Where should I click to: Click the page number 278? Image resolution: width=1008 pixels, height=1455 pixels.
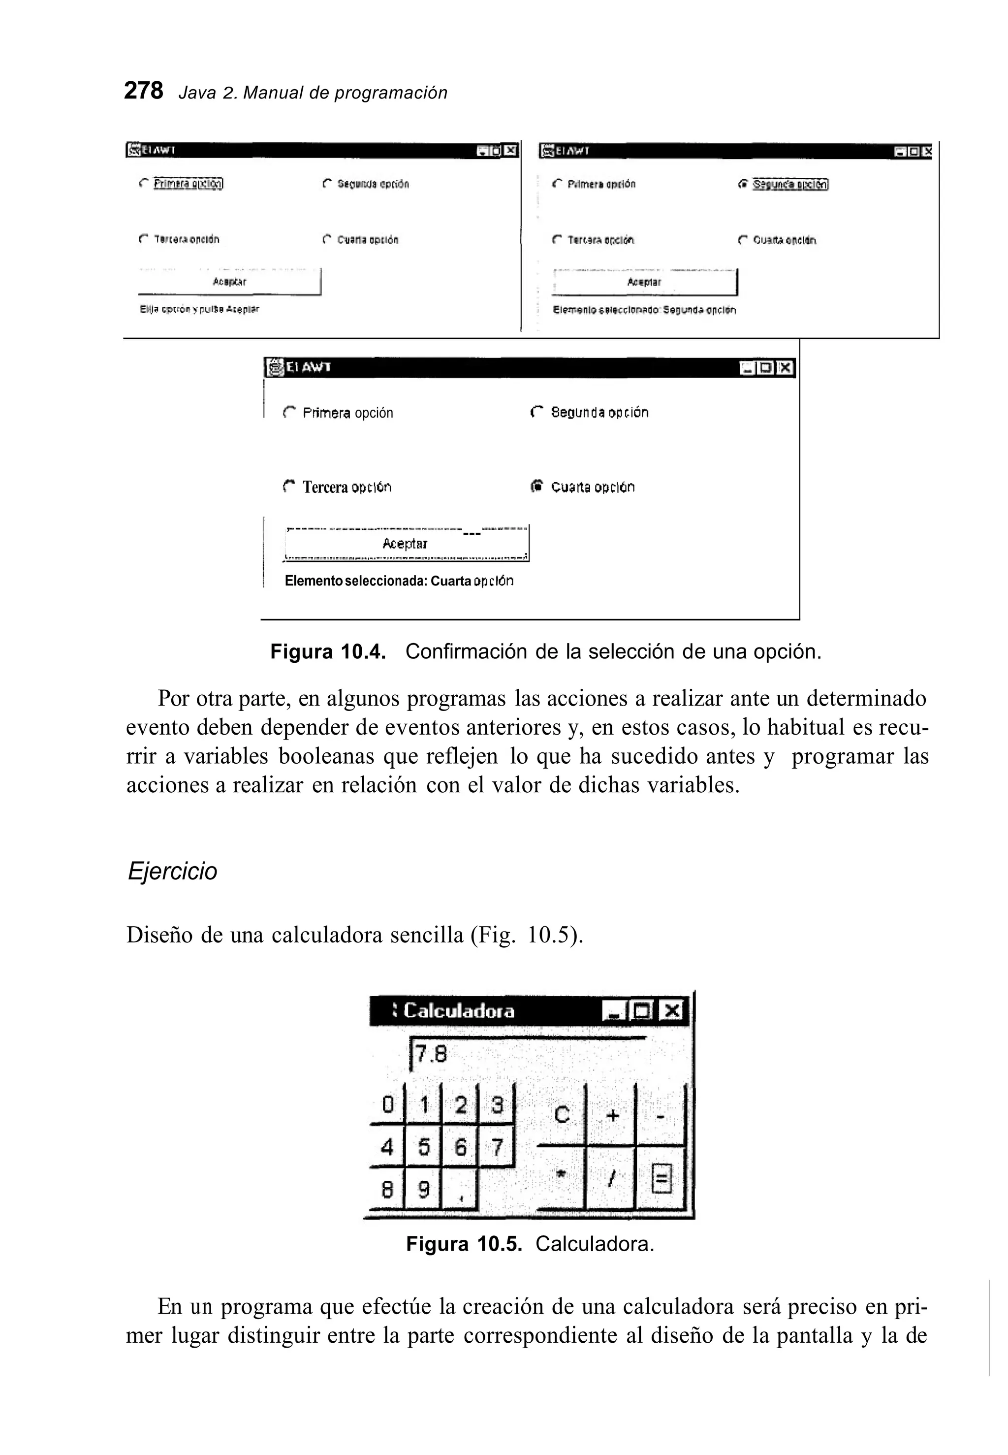point(143,91)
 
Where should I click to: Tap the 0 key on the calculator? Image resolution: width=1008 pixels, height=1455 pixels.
point(388,1104)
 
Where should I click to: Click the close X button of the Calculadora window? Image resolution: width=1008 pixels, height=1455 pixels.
point(671,1011)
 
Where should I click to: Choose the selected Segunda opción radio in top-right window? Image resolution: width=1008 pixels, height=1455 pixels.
point(743,185)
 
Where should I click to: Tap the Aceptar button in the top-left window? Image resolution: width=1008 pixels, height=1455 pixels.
point(229,282)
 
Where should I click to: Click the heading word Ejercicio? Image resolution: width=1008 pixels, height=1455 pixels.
point(172,871)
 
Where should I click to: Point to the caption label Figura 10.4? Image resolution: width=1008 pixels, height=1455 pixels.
point(327,651)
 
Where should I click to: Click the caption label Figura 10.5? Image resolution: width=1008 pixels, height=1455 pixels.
point(464,1244)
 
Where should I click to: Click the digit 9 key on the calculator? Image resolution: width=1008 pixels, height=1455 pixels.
point(424,1190)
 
